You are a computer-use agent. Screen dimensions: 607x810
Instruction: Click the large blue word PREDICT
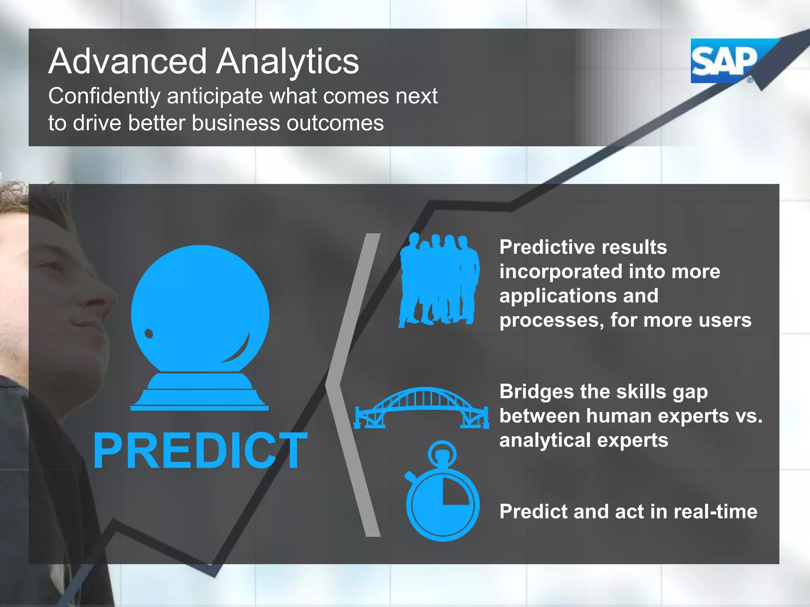pos(200,451)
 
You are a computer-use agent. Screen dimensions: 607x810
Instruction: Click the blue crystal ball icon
pos(200,312)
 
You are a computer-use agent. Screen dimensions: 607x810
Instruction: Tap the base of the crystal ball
pos(200,393)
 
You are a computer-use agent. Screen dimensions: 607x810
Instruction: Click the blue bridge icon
pos(422,407)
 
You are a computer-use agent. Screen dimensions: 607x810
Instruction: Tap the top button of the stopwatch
pos(442,452)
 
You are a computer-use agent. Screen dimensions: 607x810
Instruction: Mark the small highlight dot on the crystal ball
pos(149,334)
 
